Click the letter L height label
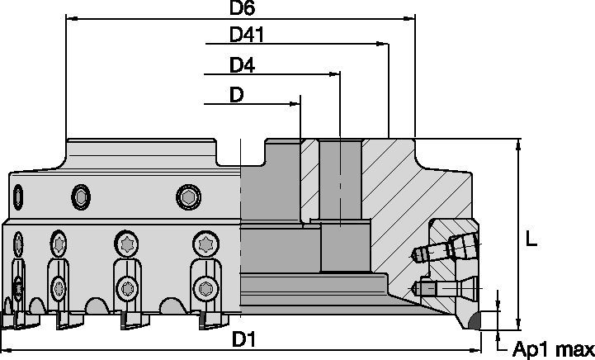coord(532,240)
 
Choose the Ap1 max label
coord(553,349)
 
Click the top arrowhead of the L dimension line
coord(518,144)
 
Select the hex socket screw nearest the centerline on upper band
coord(189,197)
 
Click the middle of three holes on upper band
coord(81,197)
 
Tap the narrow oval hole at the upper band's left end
coord(19,197)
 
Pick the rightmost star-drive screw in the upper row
coord(205,244)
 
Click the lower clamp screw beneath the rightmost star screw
coord(204,288)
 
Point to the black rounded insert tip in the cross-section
coord(476,321)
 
